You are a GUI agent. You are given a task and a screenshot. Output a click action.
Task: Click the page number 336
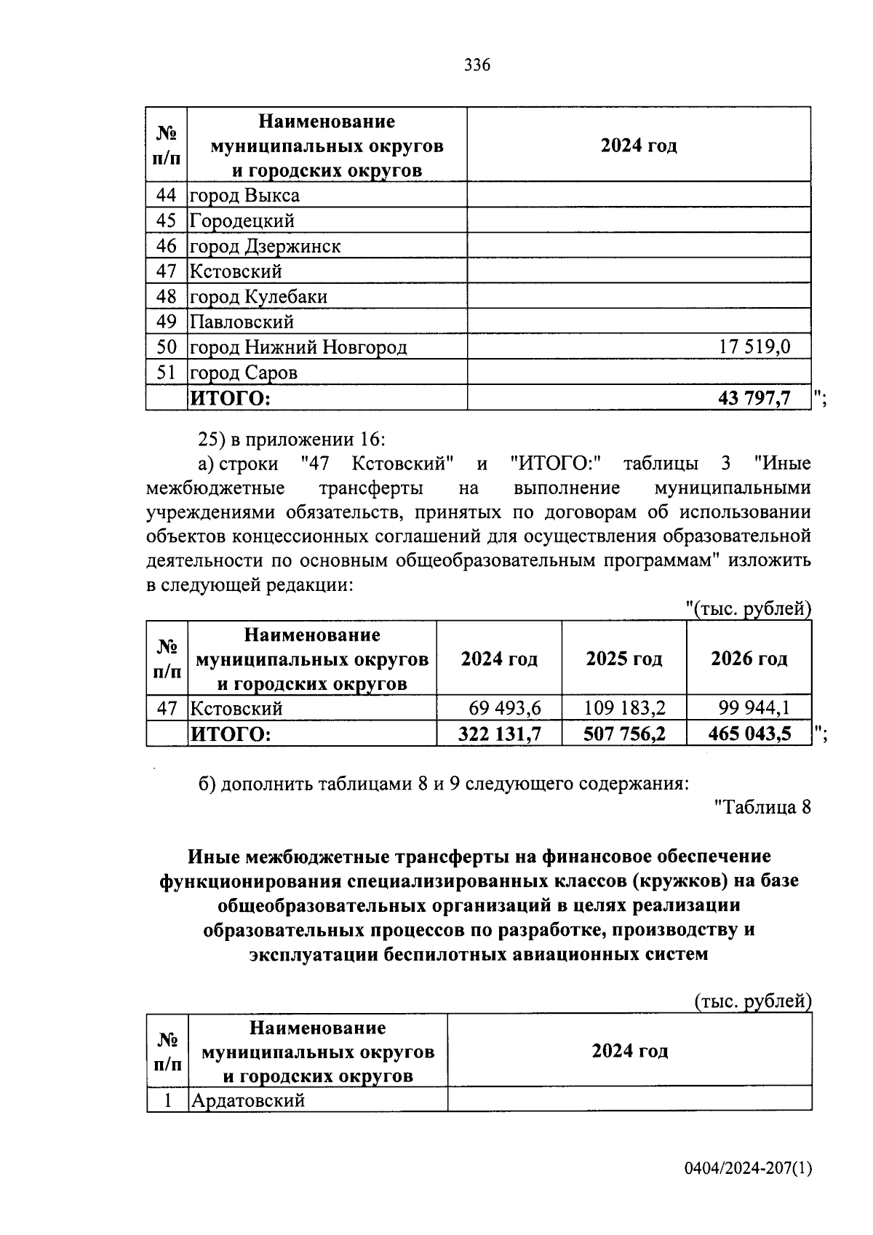coord(477,65)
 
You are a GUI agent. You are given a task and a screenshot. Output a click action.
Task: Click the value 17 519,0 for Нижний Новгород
coord(754,347)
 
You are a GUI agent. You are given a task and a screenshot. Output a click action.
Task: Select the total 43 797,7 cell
coord(754,398)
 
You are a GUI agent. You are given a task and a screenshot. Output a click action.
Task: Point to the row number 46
coord(167,246)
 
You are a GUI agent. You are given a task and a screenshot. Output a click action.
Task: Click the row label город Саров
coord(244,373)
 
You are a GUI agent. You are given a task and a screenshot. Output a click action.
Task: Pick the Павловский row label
coord(242,322)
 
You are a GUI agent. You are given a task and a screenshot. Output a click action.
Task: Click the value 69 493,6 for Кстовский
coord(505,707)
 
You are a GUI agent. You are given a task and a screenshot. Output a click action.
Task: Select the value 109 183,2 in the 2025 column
coord(625,707)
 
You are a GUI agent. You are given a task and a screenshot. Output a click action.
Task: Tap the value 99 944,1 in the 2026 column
coord(754,707)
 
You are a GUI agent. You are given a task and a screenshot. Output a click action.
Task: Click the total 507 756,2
coord(625,734)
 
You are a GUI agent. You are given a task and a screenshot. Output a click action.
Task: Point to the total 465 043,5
coord(749,734)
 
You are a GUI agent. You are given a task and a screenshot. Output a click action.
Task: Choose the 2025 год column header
coord(624,659)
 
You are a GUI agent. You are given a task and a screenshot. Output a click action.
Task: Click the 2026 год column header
coord(749,659)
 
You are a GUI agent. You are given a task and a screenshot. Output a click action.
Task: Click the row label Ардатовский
coord(247,1100)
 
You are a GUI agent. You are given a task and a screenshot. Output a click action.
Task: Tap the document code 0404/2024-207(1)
coord(747,1169)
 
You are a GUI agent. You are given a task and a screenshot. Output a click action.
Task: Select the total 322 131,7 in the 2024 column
coord(500,734)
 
